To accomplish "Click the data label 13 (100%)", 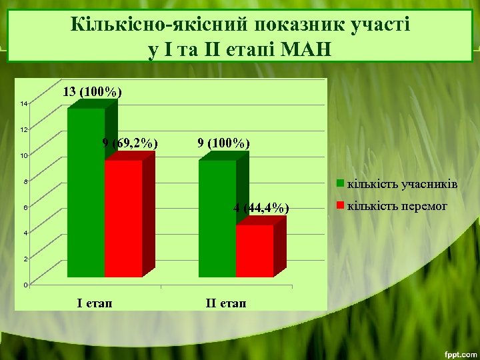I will (92, 92).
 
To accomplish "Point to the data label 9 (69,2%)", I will (130, 143).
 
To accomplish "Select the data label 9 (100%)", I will (224, 143).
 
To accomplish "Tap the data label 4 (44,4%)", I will (261, 208).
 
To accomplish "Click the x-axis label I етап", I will (95, 303).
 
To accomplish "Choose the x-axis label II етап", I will (225, 303).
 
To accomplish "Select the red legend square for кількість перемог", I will (340, 206).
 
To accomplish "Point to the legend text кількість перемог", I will (397, 206).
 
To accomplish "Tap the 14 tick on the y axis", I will (23, 104).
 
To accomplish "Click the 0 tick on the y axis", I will (25, 285).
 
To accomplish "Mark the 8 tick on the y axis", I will (25, 182).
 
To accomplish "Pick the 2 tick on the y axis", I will (25, 259).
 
